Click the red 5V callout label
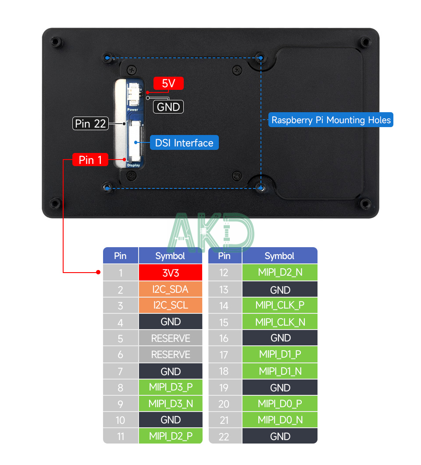point(168,83)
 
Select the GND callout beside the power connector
point(168,107)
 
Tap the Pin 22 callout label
point(90,124)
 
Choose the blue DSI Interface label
point(184,143)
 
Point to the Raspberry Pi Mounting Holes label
point(331,120)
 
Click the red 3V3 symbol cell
point(171,273)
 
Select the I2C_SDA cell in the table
point(171,289)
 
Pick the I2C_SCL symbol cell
point(171,305)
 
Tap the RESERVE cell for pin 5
point(171,338)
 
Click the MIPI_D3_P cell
point(171,387)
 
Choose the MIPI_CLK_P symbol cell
point(280,305)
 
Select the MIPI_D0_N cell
point(280,420)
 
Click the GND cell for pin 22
point(280,436)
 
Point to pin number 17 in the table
point(224,355)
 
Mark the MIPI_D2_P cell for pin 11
point(171,436)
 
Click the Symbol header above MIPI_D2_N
point(279,256)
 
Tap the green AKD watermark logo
point(210,232)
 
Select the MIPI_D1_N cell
point(280,371)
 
